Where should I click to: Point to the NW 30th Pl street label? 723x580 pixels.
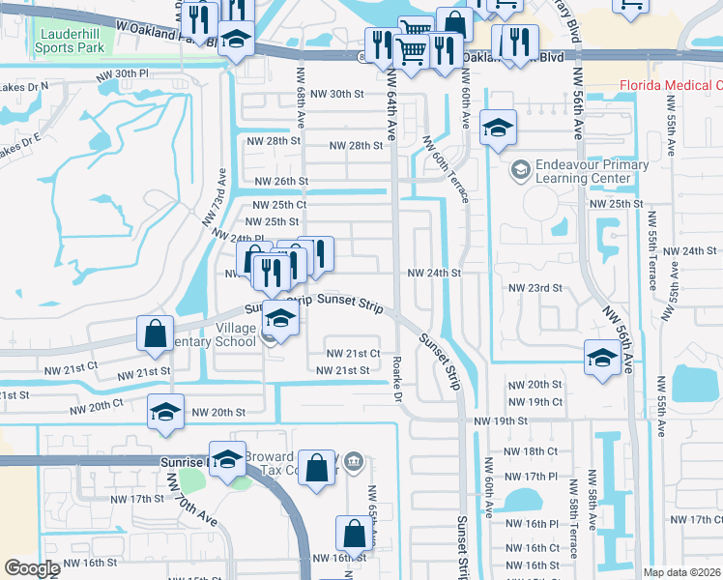(x=123, y=73)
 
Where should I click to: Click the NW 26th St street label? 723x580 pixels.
(x=281, y=181)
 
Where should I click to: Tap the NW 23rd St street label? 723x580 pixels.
(x=536, y=287)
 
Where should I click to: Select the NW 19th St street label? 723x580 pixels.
(x=500, y=420)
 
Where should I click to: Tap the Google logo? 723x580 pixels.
(x=32, y=568)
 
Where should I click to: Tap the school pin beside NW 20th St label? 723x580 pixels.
(x=166, y=412)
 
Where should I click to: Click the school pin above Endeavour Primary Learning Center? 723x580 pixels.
(x=498, y=128)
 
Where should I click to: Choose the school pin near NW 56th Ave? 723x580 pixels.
(x=602, y=357)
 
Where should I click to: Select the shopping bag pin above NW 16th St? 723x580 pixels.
(x=354, y=534)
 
